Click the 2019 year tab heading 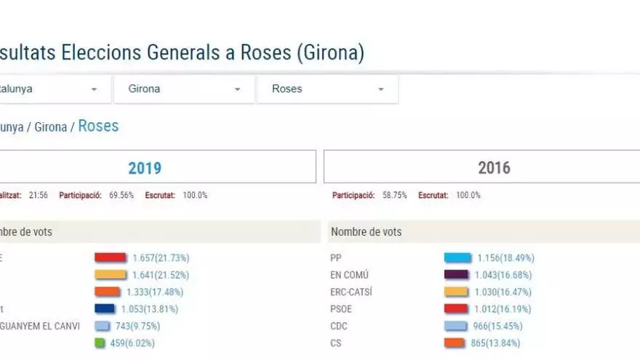tap(145, 168)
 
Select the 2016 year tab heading tap(494, 168)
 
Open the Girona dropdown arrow tap(237, 89)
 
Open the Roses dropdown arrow tap(380, 89)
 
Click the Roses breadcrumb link tap(98, 126)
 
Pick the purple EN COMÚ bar tap(456, 275)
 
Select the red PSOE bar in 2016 tap(456, 309)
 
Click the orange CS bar tap(456, 343)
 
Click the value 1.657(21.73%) tap(161, 257)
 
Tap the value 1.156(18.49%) tap(505, 257)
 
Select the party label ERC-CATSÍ tap(351, 292)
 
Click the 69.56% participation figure tap(121, 196)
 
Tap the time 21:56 tap(39, 196)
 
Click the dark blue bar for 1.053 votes tap(110, 309)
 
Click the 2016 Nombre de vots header tap(366, 232)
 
